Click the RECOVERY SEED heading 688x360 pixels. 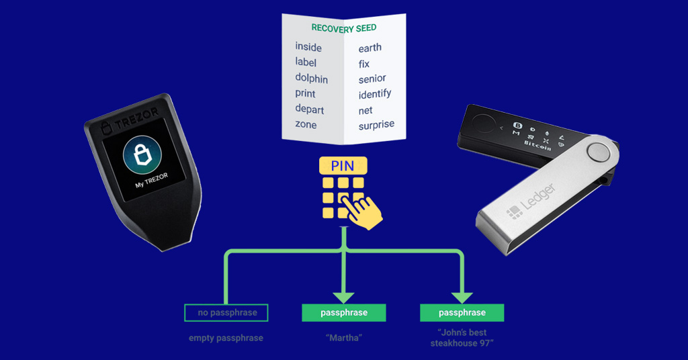343,28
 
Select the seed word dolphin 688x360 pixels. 311,78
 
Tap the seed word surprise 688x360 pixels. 376,124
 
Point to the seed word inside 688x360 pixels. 308,47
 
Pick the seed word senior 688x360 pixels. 372,79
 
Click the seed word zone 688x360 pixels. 306,124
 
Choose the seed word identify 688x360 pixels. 375,94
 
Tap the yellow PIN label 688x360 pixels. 343,165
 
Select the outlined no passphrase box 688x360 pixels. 226,312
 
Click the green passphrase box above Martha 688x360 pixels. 343,312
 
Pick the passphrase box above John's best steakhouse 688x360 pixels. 462,312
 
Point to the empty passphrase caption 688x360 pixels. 226,338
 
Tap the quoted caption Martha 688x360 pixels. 343,338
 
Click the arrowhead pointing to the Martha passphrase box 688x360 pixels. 343,296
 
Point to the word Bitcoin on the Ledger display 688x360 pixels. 537,144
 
